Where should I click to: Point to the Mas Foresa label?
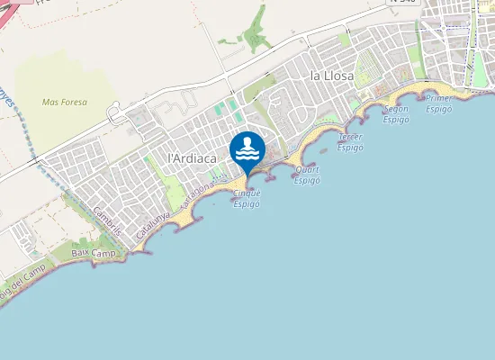point(65,103)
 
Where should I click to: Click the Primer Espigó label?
point(439,103)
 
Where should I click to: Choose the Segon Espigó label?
point(396,113)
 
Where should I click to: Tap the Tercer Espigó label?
point(350,141)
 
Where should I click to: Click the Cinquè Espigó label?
point(247,198)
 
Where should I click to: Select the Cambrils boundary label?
point(107,220)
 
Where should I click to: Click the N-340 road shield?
point(403,3)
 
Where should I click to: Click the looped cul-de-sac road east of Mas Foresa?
point(115,113)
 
